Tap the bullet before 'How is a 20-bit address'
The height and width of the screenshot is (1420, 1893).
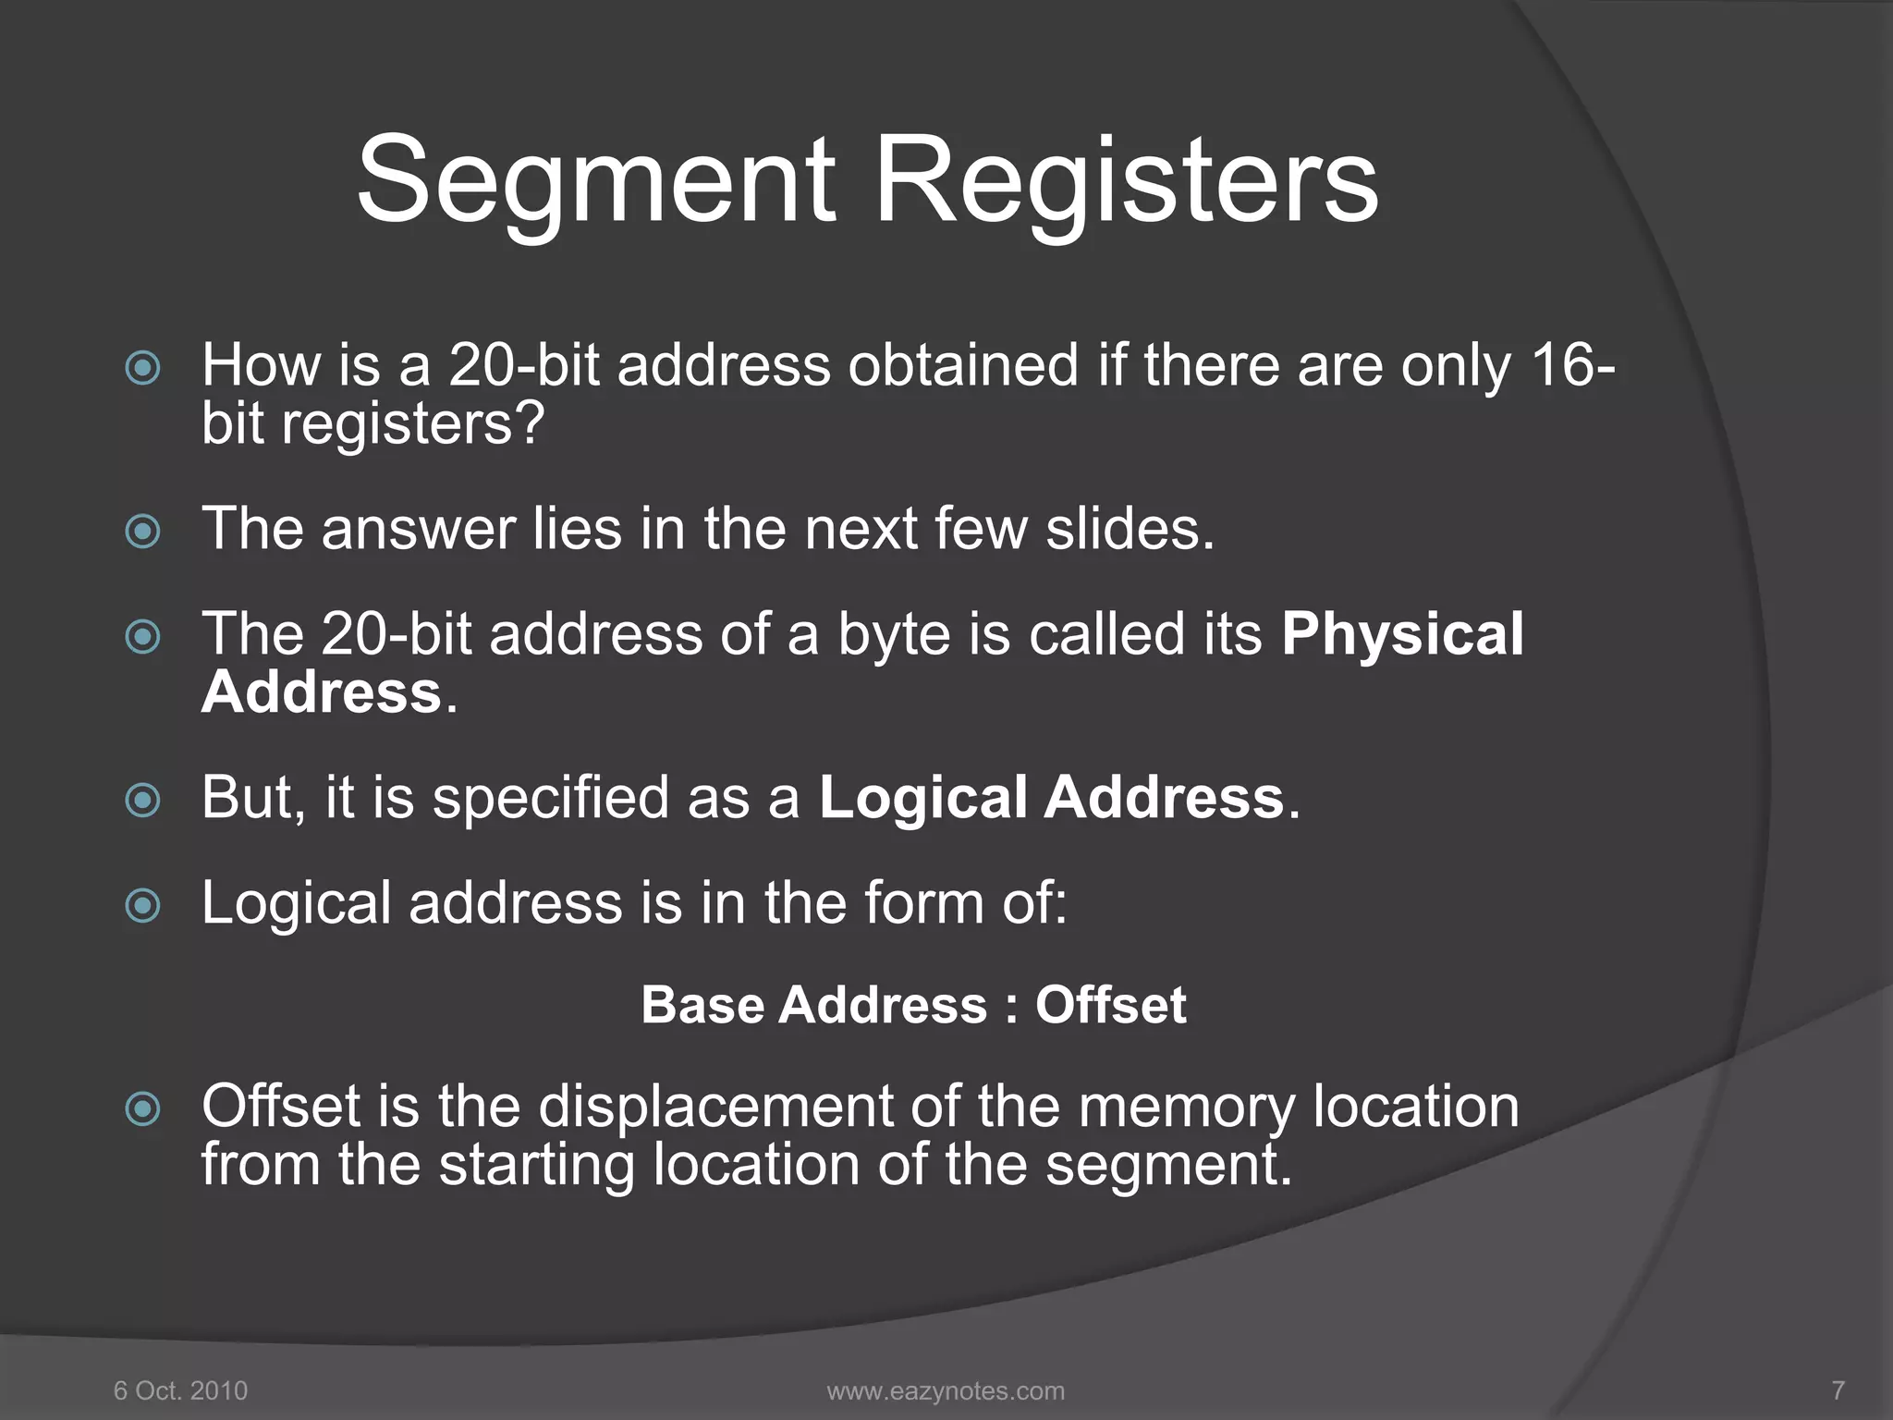(142, 368)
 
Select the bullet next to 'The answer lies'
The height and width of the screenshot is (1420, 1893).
(142, 532)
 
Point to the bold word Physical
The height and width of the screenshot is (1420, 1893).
(1402, 634)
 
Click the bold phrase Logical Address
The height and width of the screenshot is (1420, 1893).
(1052, 797)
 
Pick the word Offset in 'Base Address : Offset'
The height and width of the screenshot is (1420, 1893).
(1110, 1005)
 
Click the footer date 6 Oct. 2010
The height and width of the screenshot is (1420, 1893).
(180, 1390)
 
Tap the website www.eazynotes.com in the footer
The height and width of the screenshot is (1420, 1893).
(946, 1390)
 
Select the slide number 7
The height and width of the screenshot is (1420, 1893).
(1838, 1390)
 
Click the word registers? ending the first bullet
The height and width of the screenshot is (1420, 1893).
(412, 424)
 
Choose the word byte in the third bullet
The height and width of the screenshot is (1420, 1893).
(894, 636)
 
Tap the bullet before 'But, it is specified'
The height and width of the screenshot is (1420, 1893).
(142, 800)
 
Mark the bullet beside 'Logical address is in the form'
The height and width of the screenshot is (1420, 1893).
(142, 905)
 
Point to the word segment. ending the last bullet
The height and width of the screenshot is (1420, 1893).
(1168, 1165)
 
